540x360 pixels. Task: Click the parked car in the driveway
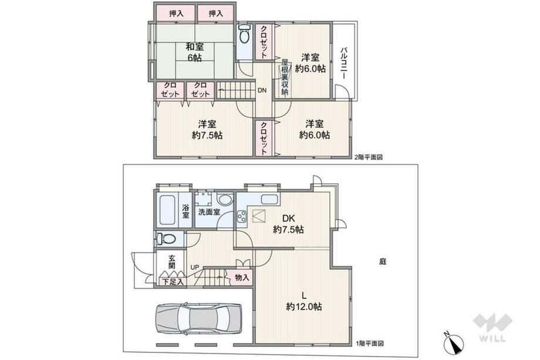click(198, 319)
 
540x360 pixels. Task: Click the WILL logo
click(492, 327)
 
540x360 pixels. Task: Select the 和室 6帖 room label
click(195, 52)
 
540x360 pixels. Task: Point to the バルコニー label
click(344, 63)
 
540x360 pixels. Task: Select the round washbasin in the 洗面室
click(225, 200)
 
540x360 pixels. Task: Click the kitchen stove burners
click(241, 217)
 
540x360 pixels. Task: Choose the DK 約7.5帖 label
click(289, 224)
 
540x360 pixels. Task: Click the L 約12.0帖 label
click(304, 301)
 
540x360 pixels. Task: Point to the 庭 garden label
click(383, 262)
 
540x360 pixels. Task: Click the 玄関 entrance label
click(172, 262)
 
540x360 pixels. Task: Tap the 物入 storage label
click(242, 277)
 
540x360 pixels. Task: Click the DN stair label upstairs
click(262, 90)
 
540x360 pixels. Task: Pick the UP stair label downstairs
click(195, 267)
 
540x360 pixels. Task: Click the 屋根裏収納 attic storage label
click(285, 78)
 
